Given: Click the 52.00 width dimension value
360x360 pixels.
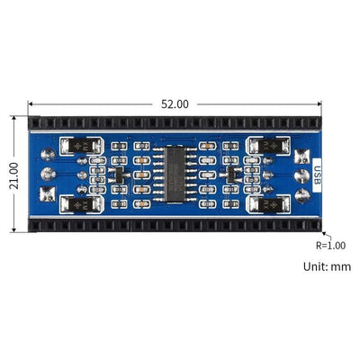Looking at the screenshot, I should tap(175, 103).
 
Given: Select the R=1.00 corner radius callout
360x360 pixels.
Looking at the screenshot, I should tap(329, 244).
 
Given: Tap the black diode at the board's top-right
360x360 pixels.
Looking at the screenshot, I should tap(268, 145).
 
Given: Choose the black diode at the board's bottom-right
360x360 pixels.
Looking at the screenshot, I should tap(268, 204).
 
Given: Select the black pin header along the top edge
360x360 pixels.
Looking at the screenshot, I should tap(175, 121).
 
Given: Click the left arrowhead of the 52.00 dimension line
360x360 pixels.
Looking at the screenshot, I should tap(32, 103).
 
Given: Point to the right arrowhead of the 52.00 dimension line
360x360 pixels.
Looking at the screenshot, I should tap(321, 103).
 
